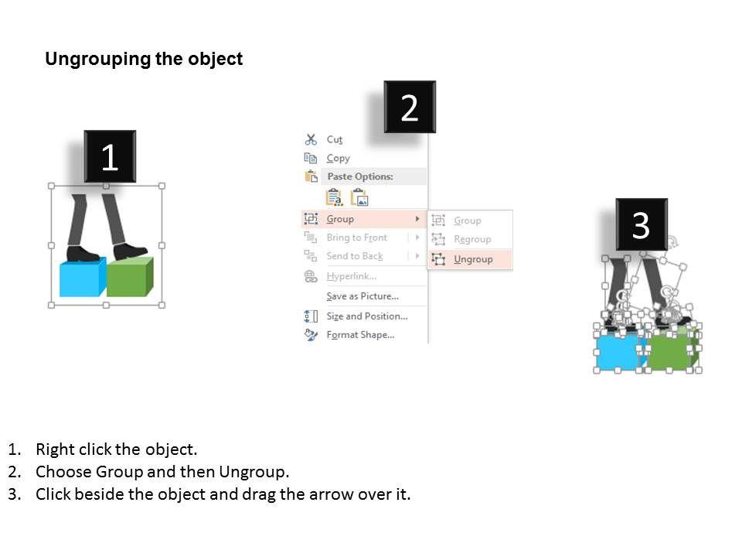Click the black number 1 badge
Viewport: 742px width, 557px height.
(x=110, y=157)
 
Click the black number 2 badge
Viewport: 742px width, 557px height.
(x=410, y=108)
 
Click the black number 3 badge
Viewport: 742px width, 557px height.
(x=641, y=225)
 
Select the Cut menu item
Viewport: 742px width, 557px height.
(x=334, y=139)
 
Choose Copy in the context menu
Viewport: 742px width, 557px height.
(x=338, y=158)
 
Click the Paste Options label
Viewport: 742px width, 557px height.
(x=359, y=176)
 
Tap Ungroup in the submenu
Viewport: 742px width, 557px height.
(x=473, y=259)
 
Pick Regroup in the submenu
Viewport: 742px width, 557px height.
(x=472, y=239)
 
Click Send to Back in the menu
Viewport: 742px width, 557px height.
(x=354, y=256)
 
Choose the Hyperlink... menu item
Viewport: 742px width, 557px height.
(x=351, y=276)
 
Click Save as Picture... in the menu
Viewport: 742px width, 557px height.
(x=362, y=296)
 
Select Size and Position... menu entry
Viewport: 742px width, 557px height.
(x=366, y=316)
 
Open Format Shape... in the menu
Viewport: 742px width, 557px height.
(x=360, y=335)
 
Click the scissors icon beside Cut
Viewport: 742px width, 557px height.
(x=311, y=139)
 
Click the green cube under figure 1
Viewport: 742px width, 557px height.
(x=128, y=278)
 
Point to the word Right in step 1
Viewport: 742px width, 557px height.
(x=53, y=449)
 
